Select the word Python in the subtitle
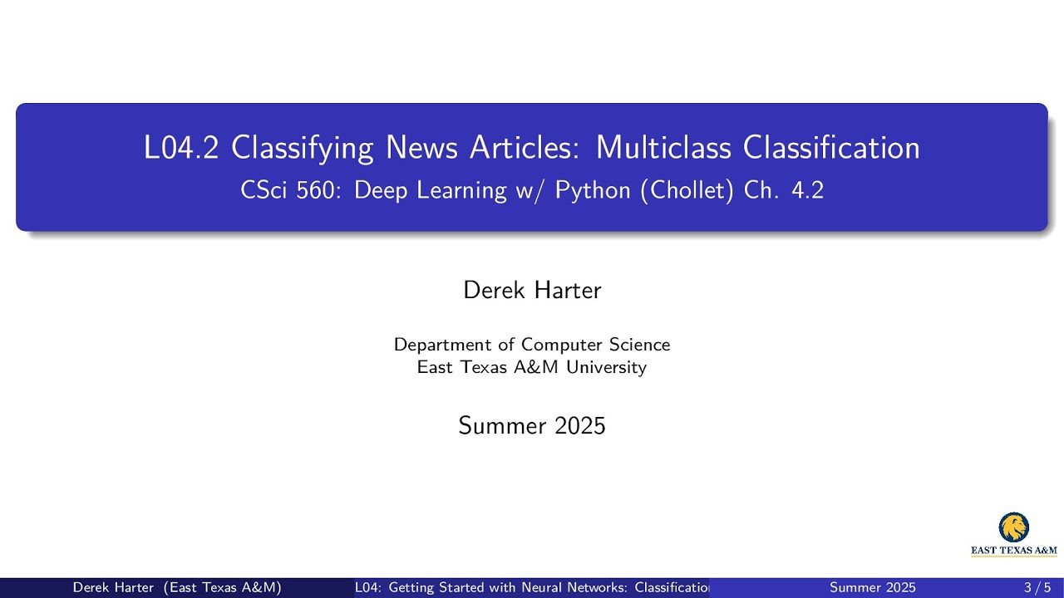point(593,191)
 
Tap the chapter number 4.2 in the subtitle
point(807,190)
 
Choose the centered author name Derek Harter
point(532,290)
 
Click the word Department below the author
point(442,345)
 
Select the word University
point(606,367)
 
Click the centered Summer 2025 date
point(532,426)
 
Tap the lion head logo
point(1013,527)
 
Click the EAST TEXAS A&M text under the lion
point(1014,550)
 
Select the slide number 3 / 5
point(1037,588)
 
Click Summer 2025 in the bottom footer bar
point(873,588)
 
